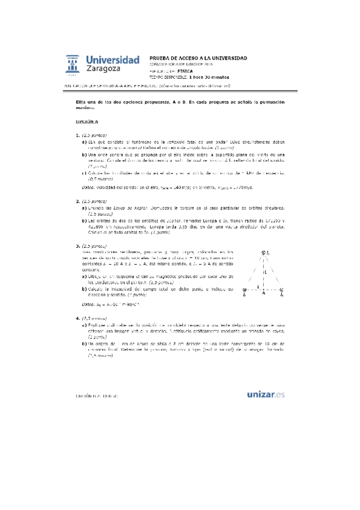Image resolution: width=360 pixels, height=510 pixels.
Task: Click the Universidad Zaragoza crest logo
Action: [x=73, y=65]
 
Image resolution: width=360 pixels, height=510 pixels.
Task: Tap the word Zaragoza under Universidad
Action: [x=103, y=69]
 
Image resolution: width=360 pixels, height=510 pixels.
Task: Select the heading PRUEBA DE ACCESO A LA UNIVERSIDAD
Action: [x=198, y=58]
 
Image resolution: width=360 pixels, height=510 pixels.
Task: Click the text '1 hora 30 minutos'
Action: [x=209, y=77]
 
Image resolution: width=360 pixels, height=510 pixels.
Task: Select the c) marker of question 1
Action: [x=84, y=173]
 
